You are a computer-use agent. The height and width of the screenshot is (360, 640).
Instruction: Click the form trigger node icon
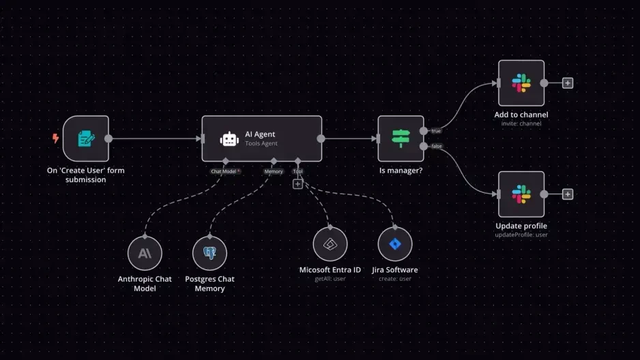[x=86, y=139]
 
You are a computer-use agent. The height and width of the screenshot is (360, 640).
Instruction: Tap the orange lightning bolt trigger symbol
[x=56, y=138]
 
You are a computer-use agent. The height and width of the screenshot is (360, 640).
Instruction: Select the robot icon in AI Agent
[x=229, y=139]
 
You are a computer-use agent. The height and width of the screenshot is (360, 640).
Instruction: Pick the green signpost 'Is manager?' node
[x=401, y=139]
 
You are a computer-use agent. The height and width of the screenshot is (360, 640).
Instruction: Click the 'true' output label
[x=435, y=130]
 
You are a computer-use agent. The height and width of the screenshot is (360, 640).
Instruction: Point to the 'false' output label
[x=436, y=146]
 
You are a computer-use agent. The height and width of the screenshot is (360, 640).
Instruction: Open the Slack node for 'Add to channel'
[x=521, y=83]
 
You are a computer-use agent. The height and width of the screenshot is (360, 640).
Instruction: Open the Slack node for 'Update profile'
[x=521, y=194]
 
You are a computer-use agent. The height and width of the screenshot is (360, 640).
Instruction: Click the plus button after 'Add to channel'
[x=568, y=83]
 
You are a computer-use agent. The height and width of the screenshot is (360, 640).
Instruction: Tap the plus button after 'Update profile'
[x=568, y=194]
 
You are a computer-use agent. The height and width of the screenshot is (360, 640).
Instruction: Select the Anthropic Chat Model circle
[x=145, y=254]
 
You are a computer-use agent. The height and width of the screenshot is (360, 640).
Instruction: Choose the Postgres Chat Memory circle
[x=209, y=254]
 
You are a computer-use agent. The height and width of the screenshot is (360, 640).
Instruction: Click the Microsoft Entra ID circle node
[x=330, y=244]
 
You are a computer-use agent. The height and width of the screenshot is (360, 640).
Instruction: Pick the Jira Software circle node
[x=395, y=244]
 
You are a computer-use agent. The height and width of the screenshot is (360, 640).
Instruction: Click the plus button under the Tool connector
[x=297, y=183]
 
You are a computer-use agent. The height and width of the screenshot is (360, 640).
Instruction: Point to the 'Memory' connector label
[x=273, y=171]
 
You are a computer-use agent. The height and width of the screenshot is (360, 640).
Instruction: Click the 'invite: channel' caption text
[x=521, y=123]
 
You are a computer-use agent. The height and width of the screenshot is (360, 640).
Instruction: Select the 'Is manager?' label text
[x=401, y=170]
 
